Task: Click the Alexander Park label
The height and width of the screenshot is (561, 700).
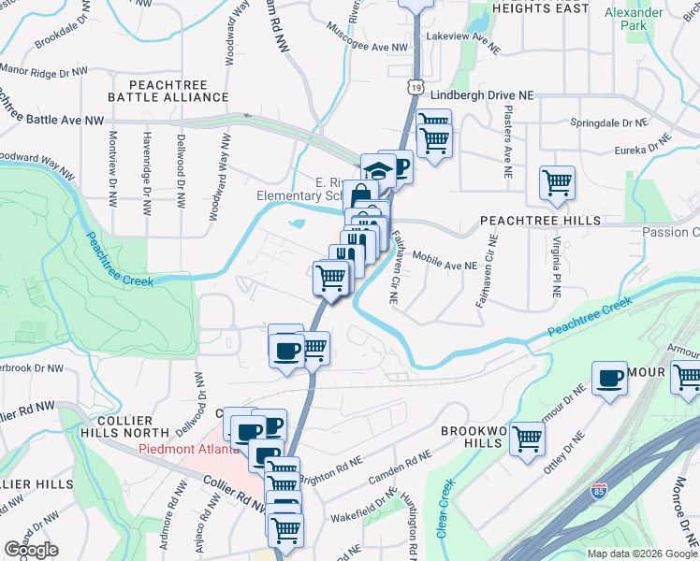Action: [647, 19]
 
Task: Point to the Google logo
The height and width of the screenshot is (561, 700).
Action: [31, 550]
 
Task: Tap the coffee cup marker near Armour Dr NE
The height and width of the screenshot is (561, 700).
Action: [609, 379]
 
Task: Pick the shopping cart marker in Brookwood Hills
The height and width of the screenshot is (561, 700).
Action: [528, 437]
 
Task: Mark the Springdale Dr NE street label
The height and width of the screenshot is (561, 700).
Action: [609, 122]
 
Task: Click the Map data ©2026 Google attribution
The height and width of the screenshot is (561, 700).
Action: [641, 554]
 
